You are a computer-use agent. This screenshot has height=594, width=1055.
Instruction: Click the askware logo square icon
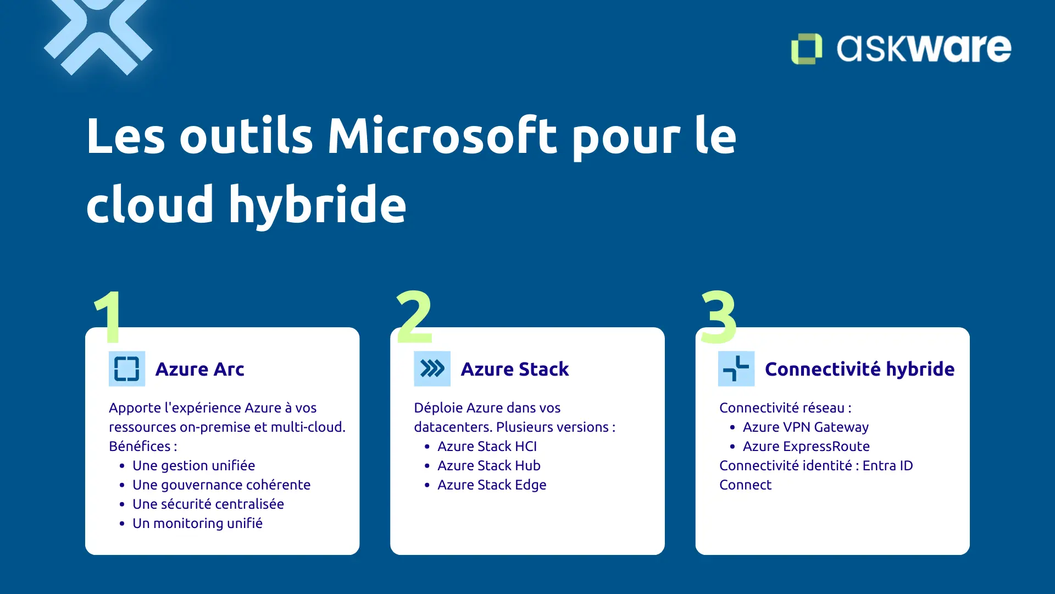[x=806, y=49]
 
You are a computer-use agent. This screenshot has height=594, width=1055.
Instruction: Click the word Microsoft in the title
[x=442, y=136]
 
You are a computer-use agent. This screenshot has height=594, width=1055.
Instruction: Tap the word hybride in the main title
[x=318, y=205]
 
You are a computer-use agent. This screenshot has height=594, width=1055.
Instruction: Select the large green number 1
[x=108, y=316]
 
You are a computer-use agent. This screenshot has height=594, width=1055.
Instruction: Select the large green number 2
[x=414, y=316]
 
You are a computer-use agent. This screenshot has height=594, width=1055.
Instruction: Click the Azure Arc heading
[x=199, y=369]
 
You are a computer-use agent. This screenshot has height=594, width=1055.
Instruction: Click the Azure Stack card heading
[x=514, y=369]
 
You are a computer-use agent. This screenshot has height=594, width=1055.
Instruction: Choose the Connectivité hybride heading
[x=859, y=369]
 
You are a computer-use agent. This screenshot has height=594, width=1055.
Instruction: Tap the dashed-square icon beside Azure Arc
[x=127, y=369]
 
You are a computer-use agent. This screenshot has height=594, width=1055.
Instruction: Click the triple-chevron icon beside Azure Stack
[x=432, y=369]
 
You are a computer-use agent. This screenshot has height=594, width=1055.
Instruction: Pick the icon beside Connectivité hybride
[x=736, y=369]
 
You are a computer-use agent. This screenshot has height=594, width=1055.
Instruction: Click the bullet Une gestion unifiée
[x=193, y=466]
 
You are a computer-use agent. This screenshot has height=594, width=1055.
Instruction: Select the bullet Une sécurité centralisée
[x=208, y=504]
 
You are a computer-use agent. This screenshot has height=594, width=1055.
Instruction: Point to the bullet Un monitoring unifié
[x=197, y=524]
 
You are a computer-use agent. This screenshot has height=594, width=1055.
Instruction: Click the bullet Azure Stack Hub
[x=488, y=466]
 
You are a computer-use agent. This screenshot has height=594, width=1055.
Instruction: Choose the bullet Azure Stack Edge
[x=491, y=485]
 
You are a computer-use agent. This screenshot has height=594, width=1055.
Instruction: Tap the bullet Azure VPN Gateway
[x=805, y=427]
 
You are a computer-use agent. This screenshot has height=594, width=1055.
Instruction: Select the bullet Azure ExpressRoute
[x=806, y=447]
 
